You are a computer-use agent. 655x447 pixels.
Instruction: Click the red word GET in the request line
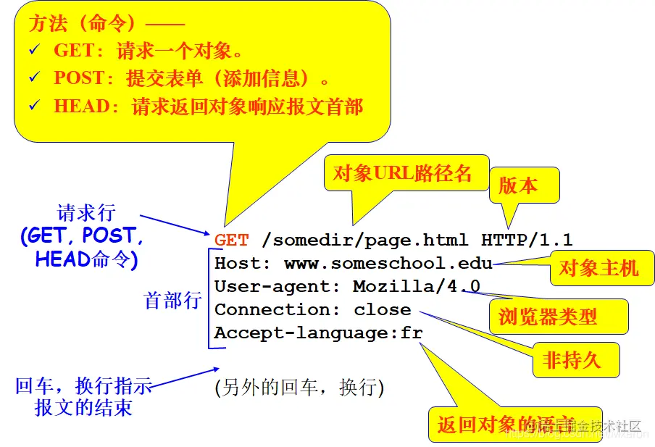tap(231, 241)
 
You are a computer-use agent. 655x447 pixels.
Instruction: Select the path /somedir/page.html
tap(364, 241)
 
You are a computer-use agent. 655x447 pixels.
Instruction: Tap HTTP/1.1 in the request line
tap(527, 241)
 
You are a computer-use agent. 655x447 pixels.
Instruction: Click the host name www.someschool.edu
tap(388, 264)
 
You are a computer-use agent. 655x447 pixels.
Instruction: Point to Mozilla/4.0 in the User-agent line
tap(416, 287)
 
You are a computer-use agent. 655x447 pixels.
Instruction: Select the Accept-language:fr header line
tap(318, 333)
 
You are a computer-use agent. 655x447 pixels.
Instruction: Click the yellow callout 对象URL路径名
tap(402, 172)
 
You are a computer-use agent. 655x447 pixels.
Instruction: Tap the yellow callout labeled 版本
tap(519, 185)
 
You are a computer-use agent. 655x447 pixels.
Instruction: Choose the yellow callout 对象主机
tap(598, 269)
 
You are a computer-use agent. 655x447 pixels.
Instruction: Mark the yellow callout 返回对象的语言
tap(505, 425)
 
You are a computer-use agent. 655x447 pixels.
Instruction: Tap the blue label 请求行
tap(86, 213)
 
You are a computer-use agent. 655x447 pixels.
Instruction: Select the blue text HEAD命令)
tap(86, 259)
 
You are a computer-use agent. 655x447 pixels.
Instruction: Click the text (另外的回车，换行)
tap(299, 388)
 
